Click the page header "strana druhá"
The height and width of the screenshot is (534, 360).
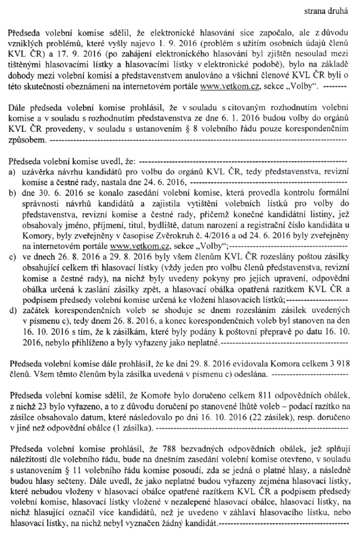[323, 9]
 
